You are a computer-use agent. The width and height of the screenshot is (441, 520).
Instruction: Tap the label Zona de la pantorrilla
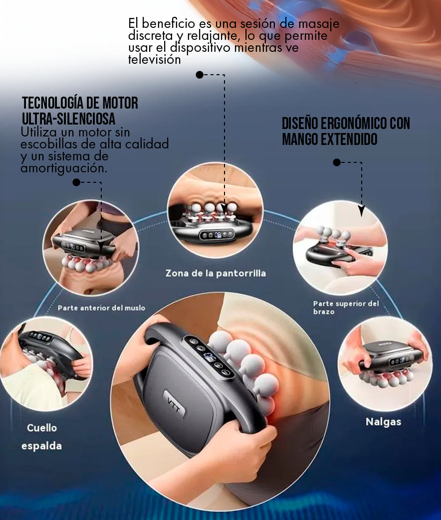click(216, 273)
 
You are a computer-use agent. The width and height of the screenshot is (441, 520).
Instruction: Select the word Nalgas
click(383, 422)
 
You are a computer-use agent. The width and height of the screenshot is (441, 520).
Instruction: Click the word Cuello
click(42, 428)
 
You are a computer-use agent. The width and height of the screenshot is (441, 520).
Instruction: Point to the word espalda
click(41, 446)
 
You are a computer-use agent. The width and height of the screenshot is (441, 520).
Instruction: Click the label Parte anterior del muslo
click(101, 308)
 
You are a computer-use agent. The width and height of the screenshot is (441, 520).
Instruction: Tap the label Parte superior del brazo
click(346, 307)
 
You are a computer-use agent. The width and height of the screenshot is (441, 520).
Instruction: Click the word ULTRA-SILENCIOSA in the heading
click(68, 119)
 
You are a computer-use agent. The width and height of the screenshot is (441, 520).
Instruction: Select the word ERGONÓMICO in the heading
click(347, 124)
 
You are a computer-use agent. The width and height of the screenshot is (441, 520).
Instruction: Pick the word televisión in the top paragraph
click(155, 60)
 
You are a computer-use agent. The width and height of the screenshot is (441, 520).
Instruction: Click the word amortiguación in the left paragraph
click(64, 168)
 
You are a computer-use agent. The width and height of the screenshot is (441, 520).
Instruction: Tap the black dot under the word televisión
click(200, 75)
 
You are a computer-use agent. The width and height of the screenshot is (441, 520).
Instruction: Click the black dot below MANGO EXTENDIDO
click(337, 162)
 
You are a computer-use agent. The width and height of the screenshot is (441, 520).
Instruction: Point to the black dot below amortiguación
click(76, 182)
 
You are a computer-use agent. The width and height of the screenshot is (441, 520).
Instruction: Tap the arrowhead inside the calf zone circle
click(224, 209)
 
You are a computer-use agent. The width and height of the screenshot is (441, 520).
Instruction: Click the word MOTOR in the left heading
click(120, 103)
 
